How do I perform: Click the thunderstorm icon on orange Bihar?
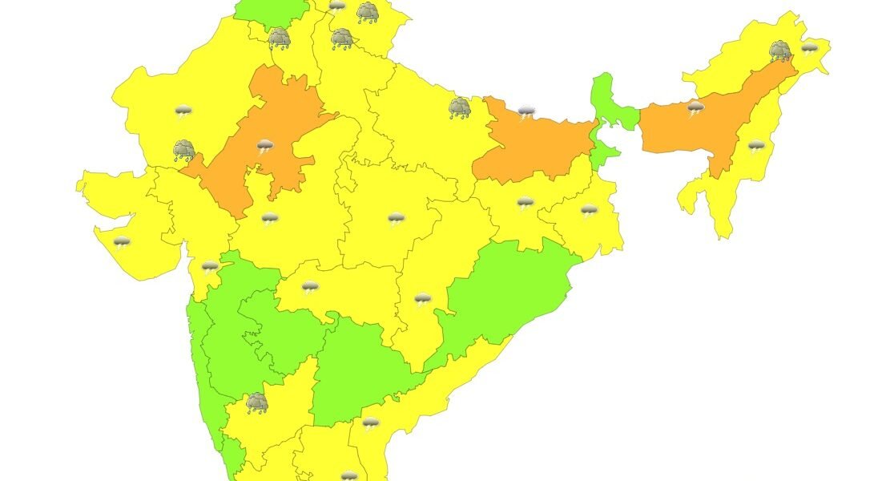526,111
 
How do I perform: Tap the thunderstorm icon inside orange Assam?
695,108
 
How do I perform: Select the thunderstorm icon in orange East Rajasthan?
265,147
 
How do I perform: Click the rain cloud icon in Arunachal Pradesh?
780,52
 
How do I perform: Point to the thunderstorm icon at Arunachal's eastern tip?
810,48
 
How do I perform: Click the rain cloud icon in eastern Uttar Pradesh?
460,107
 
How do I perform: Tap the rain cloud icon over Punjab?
280,38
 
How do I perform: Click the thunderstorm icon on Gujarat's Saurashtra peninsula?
122,243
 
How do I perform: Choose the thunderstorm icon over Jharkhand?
525,204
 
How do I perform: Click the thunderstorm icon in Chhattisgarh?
423,300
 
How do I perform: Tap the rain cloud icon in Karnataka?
256,402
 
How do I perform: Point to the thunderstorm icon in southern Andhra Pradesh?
370,423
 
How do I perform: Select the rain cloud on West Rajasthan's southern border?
184,150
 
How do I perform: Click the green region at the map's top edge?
272,10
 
